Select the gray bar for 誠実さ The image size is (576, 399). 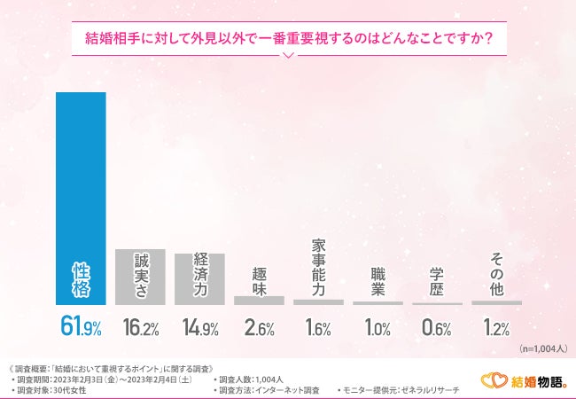pos(140,278)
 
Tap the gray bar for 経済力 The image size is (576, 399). pos(199,279)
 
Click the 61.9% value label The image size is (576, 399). pos(81,328)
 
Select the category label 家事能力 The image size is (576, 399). pos(318,266)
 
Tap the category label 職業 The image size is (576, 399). pos(378,280)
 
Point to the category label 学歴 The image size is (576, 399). pos(437,280)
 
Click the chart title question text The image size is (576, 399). pos(288,38)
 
